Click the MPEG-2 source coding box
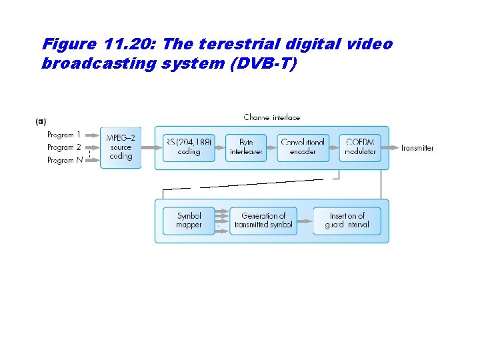point(121,147)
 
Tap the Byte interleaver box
point(246,147)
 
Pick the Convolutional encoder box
point(303,147)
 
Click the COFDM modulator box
point(361,147)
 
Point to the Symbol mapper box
point(189,221)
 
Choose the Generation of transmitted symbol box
point(263,221)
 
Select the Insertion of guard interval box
point(347,221)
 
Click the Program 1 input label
point(64,135)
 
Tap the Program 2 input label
point(64,147)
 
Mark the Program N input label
point(64,160)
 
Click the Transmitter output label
point(417,148)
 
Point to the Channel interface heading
point(272,117)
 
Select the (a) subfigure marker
point(41,121)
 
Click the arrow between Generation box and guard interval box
point(305,221)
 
